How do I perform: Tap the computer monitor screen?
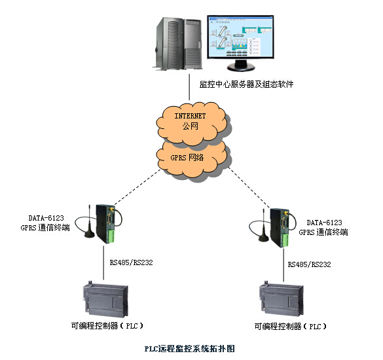237,38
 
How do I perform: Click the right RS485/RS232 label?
309,265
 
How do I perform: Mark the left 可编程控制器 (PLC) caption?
107,325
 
